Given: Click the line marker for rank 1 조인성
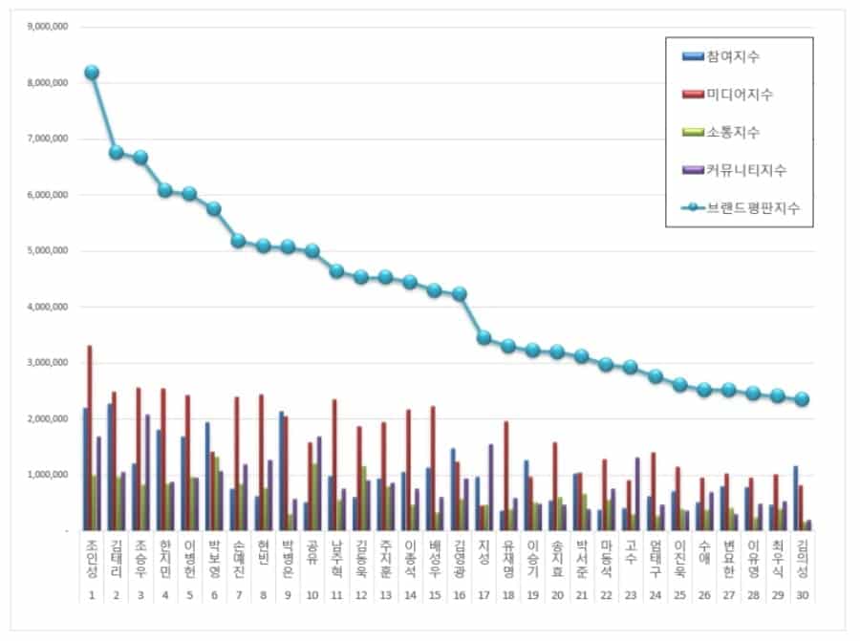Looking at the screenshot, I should coord(91,73).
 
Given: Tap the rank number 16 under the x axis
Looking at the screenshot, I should coord(460,596).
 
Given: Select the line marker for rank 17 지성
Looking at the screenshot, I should coord(484,337).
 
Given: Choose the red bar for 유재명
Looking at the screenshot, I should coord(506,475).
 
